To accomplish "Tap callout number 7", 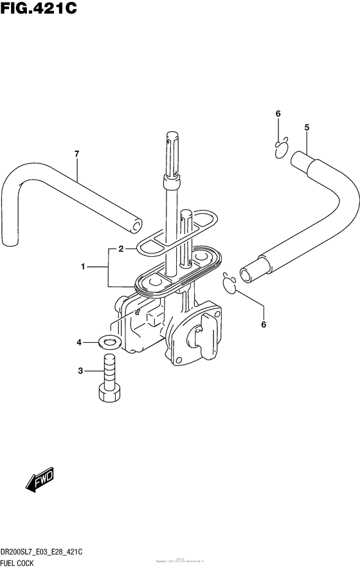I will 76,154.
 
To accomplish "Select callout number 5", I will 307,127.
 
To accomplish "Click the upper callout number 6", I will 278,114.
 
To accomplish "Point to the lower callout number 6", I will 263,325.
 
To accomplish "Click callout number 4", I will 80,343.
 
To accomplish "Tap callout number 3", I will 80,371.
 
